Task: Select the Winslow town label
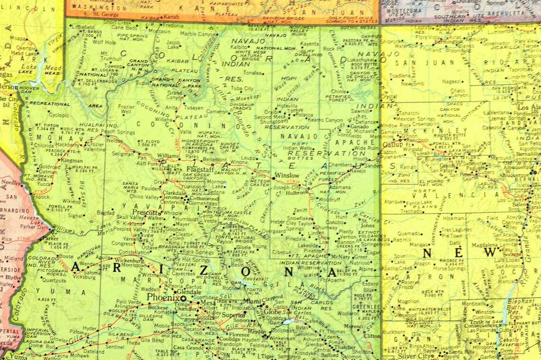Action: point(288,175)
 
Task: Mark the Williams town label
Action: point(168,155)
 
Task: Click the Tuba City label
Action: point(242,88)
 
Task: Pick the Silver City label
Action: point(413,356)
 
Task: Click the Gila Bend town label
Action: point(151,340)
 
